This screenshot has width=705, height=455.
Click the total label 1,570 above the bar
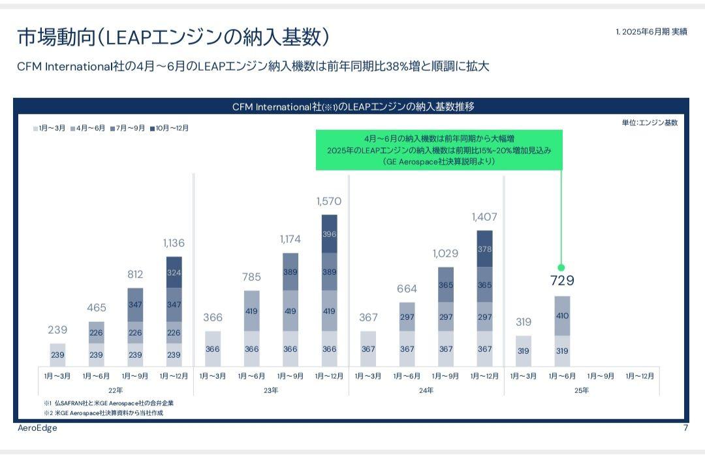coord(329,202)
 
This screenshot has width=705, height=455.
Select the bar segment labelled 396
coord(330,234)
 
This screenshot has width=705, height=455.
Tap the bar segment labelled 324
coord(174,272)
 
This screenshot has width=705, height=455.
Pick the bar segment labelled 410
coord(562,316)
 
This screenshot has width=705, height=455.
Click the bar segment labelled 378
coord(484,249)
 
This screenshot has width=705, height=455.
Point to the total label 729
coord(562,281)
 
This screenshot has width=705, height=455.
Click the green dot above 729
coord(561,268)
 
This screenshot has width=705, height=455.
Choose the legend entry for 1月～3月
coord(50,129)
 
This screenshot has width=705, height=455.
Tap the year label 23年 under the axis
coord(271,390)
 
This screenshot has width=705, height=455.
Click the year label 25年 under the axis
coord(582,390)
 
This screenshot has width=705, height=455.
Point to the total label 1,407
coord(484,217)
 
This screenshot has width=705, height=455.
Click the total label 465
coord(97,307)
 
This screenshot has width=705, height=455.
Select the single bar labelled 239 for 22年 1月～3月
coord(57,354)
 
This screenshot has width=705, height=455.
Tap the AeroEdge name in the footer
coord(37,428)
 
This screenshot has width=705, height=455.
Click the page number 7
coord(685,428)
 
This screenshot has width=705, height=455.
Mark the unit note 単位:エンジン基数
coord(650,123)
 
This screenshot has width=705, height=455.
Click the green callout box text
coord(439,150)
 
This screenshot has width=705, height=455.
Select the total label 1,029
coord(446,253)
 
